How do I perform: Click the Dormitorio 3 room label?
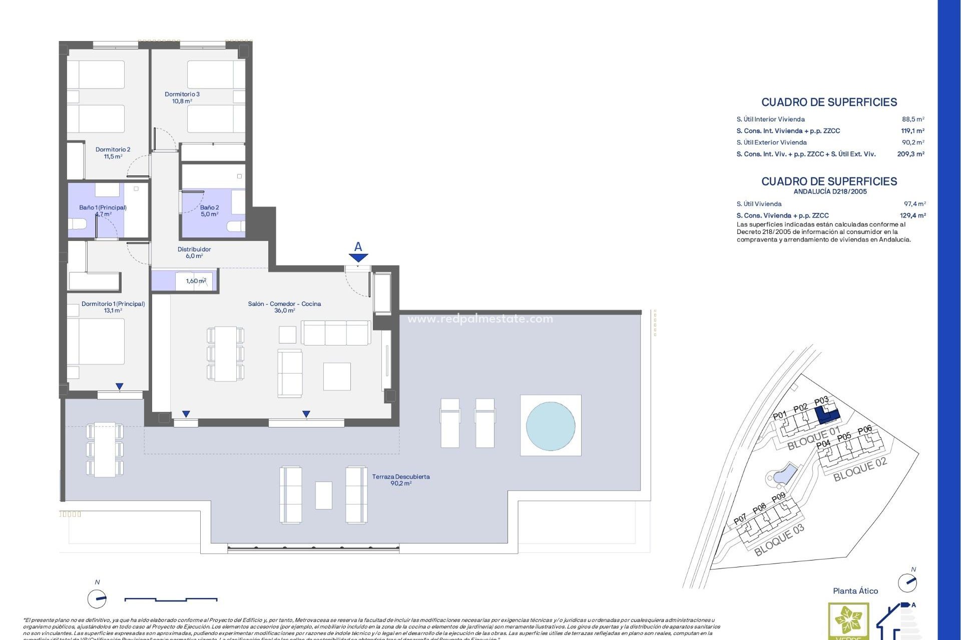[x=182, y=97]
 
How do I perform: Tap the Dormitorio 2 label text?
[x=113, y=152]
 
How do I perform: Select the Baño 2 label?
[x=209, y=210]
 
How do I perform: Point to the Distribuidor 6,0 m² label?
[x=194, y=252]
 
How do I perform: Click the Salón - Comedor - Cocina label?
[x=284, y=306]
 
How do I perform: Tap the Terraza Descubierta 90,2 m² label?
[x=401, y=479]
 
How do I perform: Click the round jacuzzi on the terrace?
[x=551, y=425]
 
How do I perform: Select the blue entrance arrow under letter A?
[x=358, y=257]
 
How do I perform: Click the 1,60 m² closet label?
[x=196, y=281]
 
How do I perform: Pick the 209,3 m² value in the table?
[x=910, y=154]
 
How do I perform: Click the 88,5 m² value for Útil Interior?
[x=913, y=119]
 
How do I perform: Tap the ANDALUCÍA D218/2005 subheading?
[x=830, y=191]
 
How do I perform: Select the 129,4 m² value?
[x=912, y=215]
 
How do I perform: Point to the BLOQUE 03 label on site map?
[x=779, y=540]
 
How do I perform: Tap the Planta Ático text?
[x=855, y=591]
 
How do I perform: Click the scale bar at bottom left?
[x=171, y=598]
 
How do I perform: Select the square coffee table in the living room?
[x=337, y=376]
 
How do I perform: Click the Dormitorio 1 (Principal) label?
[x=113, y=306]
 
